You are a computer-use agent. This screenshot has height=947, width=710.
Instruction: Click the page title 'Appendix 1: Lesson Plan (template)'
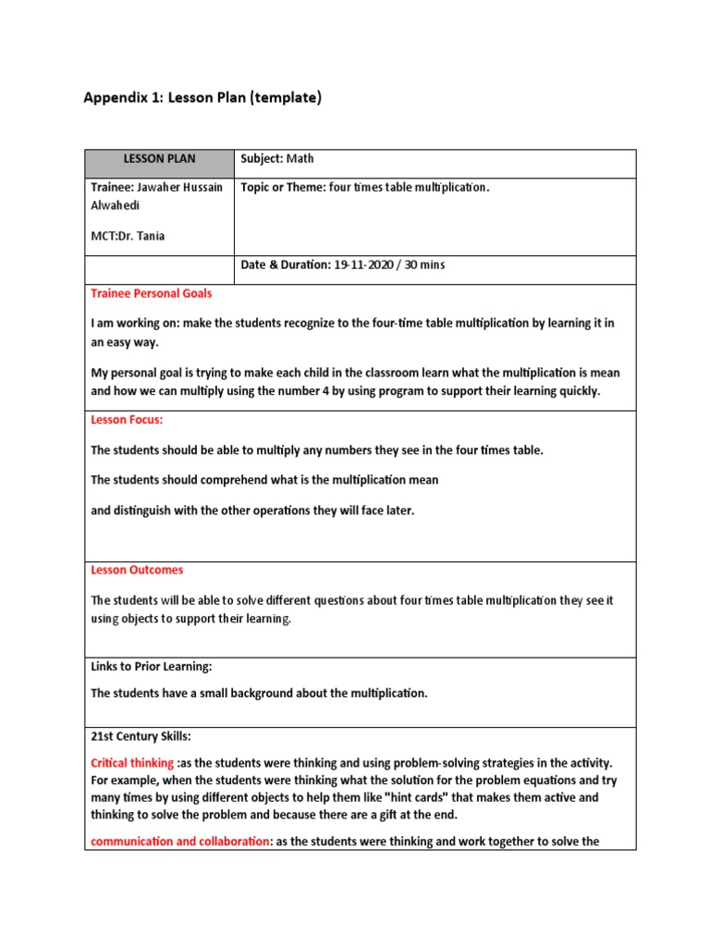click(x=202, y=97)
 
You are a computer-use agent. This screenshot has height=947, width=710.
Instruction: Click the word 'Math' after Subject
click(x=300, y=159)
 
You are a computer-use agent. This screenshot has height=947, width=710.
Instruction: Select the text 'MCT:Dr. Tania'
click(x=128, y=236)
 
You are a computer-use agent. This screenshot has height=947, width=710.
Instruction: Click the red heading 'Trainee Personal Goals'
click(x=151, y=293)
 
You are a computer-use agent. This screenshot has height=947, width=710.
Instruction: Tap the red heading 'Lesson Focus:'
click(x=127, y=420)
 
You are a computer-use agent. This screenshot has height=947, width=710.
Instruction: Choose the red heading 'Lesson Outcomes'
click(x=137, y=571)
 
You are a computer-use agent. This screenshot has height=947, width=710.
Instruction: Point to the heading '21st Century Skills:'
click(x=141, y=737)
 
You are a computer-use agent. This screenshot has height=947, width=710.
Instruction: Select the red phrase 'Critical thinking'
click(x=132, y=763)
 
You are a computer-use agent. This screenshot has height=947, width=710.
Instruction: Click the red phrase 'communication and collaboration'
click(x=180, y=841)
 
